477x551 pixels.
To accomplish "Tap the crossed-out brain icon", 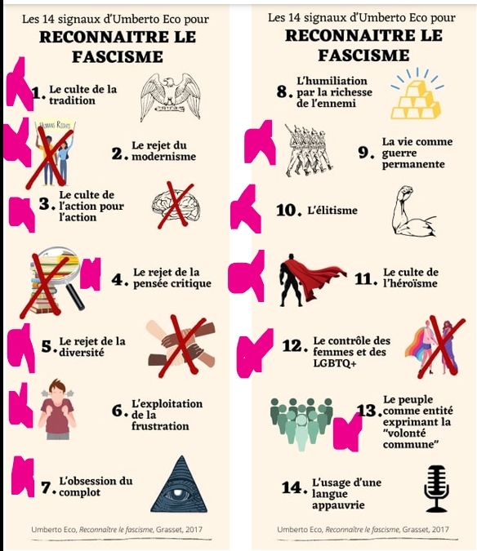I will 176,205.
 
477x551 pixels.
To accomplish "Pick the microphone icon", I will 436,488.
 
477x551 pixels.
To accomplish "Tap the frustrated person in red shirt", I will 62,408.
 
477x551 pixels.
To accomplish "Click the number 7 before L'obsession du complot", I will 47,487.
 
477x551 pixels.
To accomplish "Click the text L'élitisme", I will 332,211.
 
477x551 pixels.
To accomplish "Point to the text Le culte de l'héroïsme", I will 411,278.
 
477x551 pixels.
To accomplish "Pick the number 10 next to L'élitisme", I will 289,211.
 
